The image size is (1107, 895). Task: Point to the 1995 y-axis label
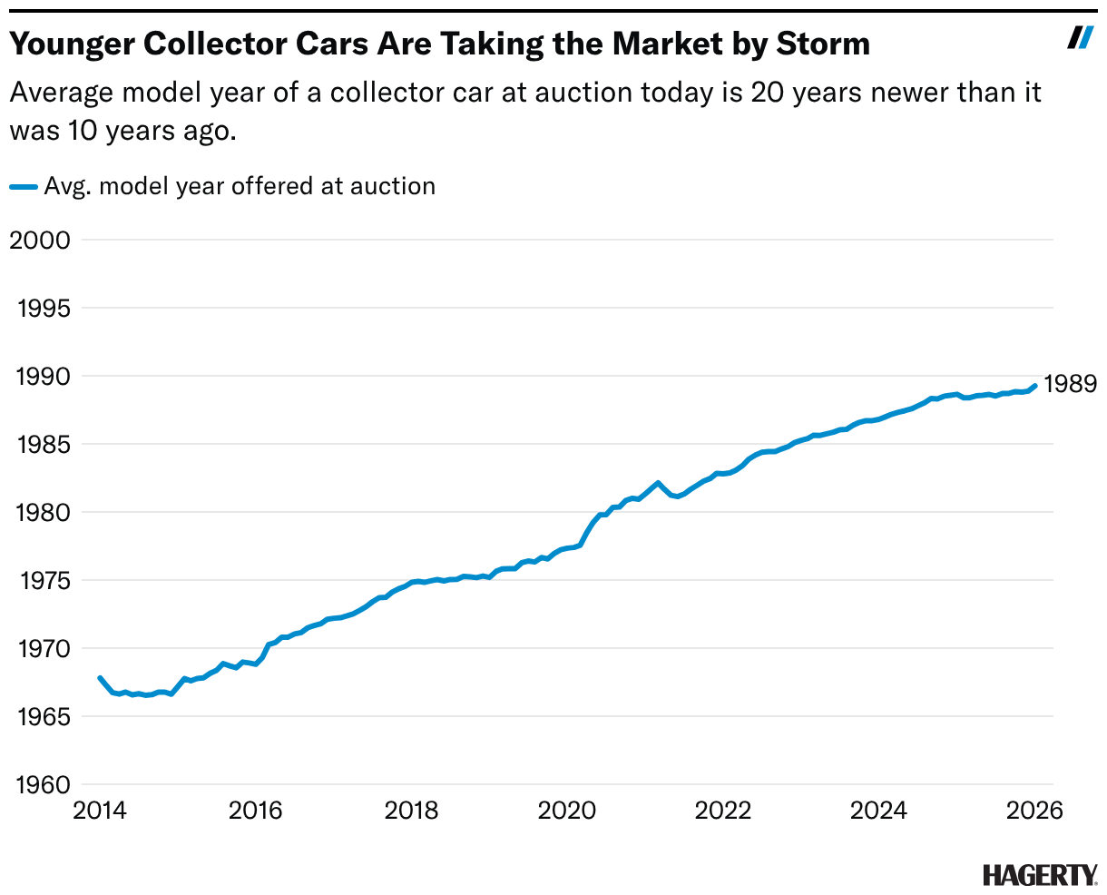click(x=44, y=309)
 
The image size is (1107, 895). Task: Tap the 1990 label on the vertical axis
click(x=44, y=377)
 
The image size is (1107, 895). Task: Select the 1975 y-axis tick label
click(x=44, y=581)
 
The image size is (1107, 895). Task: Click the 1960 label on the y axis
click(x=44, y=785)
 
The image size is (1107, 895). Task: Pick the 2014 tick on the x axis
click(x=100, y=810)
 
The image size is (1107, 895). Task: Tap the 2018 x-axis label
click(x=411, y=810)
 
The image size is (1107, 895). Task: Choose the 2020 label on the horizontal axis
click(x=567, y=810)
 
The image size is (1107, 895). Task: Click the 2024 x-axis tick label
click(x=878, y=810)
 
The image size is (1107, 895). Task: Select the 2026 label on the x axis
click(x=1034, y=810)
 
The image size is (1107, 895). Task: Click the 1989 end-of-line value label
click(x=1070, y=385)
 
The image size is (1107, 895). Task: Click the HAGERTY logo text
click(x=1039, y=875)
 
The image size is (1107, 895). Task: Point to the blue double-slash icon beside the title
click(x=1080, y=37)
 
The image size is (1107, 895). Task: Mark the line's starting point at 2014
click(x=100, y=678)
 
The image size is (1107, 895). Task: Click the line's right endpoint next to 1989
click(x=1034, y=385)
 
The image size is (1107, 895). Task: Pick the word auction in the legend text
click(x=397, y=187)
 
